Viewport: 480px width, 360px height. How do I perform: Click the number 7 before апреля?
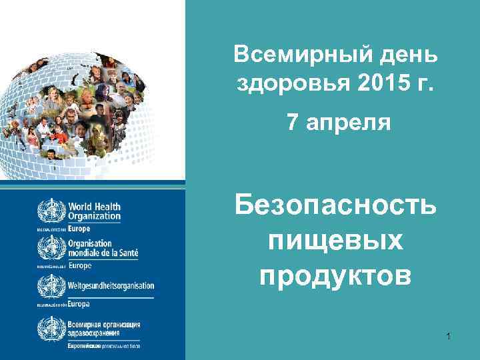293,123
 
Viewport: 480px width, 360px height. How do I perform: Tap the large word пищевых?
336,241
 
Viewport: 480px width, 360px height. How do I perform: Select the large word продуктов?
336,275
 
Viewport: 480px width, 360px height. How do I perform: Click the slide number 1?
449,336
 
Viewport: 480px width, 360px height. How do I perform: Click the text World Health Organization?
94,211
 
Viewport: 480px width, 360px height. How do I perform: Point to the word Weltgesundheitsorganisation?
111,285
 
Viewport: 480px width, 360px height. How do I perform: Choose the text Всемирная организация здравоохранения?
104,328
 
